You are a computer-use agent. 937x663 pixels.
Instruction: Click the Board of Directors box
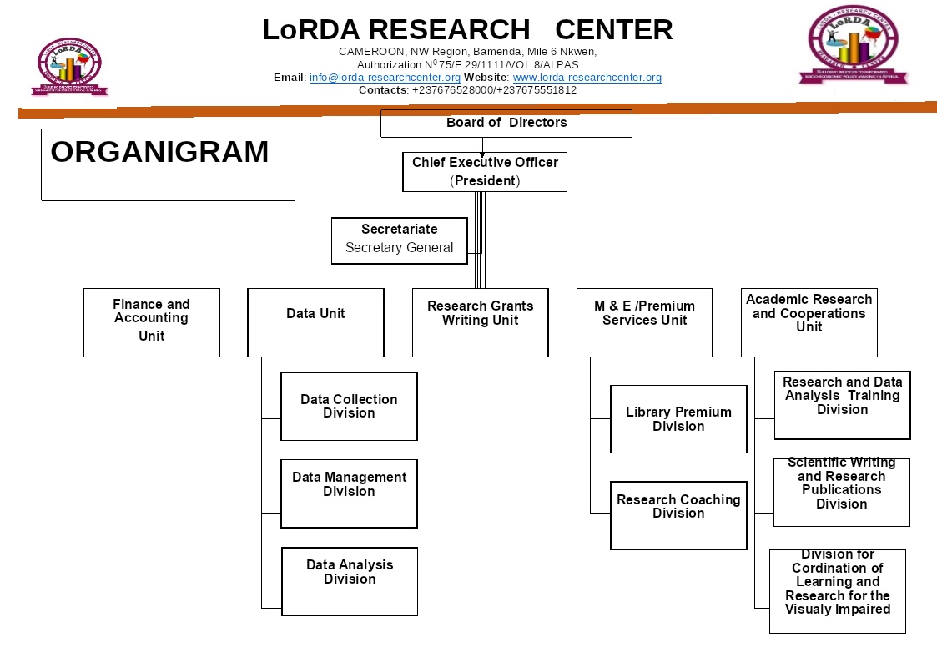[506, 123]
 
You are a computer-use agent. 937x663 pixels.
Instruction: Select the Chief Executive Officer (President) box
[484, 172]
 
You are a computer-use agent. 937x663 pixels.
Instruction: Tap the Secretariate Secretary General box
[399, 240]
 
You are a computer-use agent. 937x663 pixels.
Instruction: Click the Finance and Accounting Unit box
[151, 322]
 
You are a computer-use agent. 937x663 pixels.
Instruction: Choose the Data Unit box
[315, 322]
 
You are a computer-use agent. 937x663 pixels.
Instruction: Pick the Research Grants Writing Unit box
[480, 322]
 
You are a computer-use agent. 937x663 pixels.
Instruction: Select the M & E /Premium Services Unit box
[644, 322]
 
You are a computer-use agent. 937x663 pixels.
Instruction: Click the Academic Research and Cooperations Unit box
[809, 322]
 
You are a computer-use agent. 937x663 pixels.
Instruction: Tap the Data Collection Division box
[349, 407]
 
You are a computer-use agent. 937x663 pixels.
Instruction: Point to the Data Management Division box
[349, 493]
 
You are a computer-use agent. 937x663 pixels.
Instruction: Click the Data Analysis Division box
[350, 581]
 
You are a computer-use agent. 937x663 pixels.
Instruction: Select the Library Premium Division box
[678, 419]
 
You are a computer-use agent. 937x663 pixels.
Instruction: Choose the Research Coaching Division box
[678, 515]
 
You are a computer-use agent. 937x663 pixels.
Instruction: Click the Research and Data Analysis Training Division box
[842, 405]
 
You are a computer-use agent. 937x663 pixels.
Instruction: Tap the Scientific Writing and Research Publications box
[841, 492]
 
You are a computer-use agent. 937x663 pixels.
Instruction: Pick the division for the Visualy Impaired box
[837, 591]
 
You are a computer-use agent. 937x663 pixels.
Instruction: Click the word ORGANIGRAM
[159, 153]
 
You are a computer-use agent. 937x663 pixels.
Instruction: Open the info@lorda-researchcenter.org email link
[385, 78]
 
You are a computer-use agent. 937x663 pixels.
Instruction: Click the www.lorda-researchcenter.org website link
[587, 78]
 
